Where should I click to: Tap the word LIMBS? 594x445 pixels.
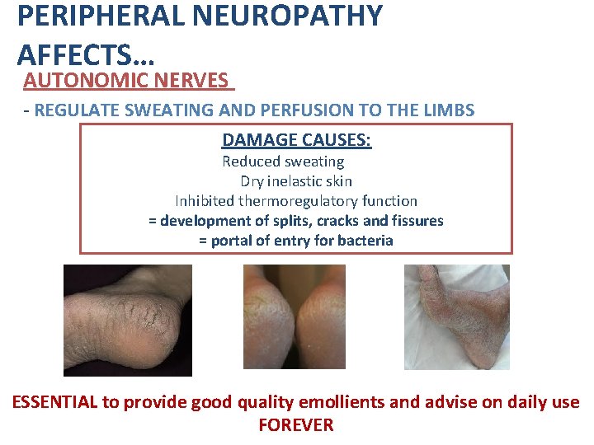[x=445, y=110]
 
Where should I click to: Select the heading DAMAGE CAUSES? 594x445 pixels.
[x=297, y=140]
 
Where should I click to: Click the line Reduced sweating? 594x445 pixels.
[x=283, y=162]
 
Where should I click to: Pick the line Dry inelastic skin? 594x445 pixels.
[x=296, y=181]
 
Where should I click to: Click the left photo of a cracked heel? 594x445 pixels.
[x=128, y=320]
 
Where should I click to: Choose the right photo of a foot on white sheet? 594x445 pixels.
[x=456, y=316]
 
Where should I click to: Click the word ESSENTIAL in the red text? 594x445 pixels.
[x=55, y=402]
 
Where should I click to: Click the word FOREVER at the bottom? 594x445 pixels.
[x=296, y=425]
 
